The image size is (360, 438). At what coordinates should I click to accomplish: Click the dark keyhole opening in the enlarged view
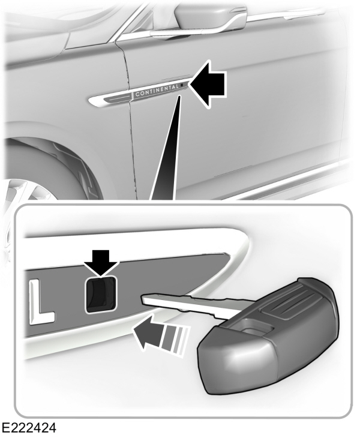coord(99,294)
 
